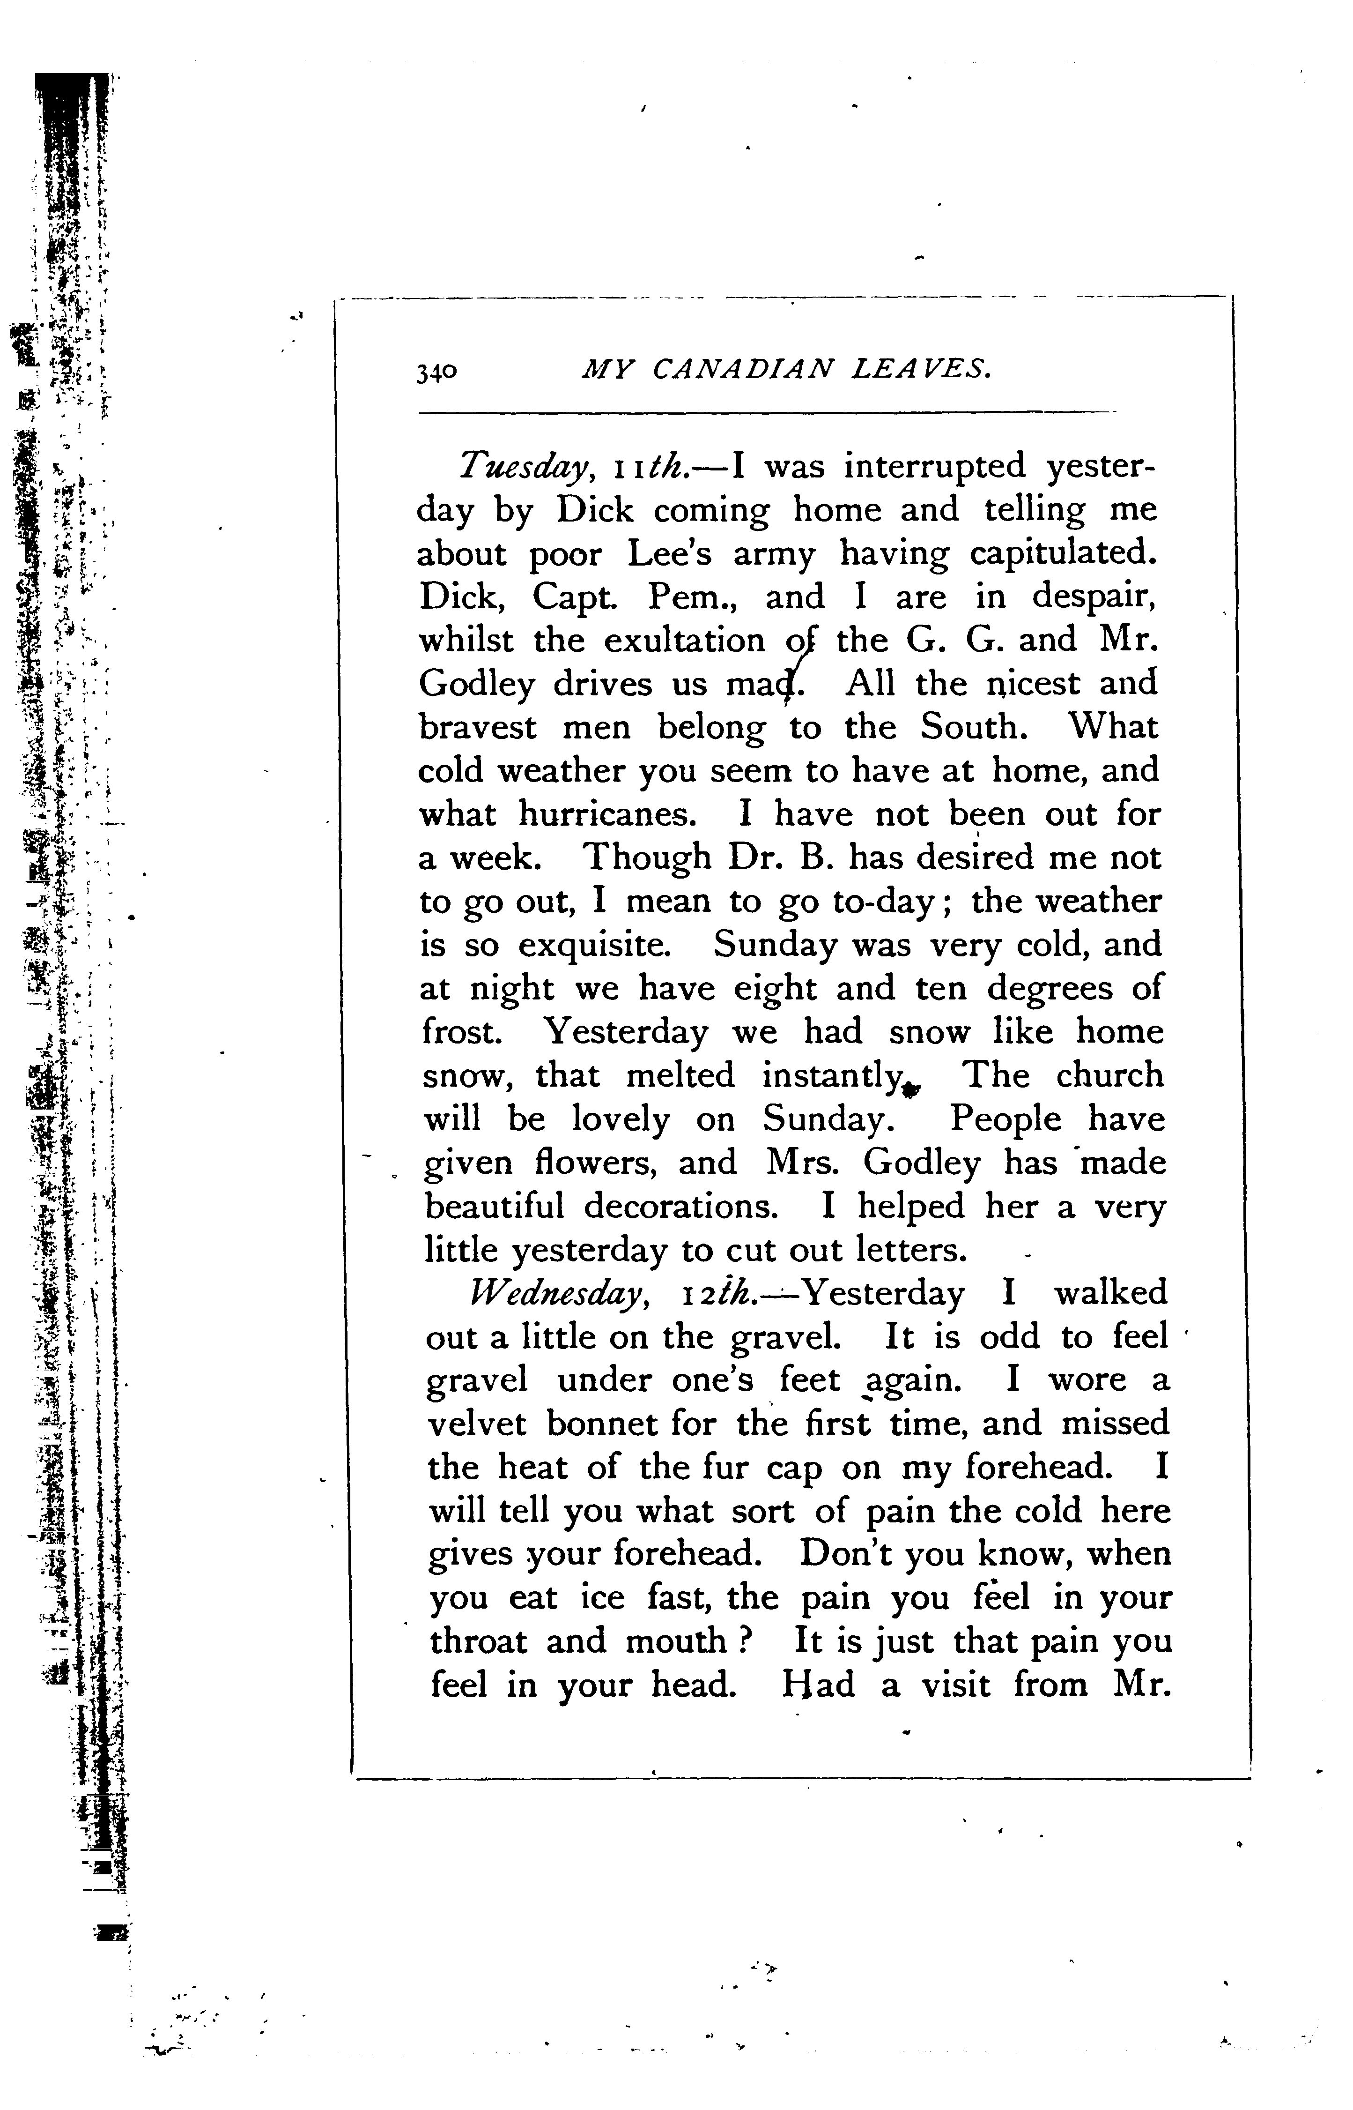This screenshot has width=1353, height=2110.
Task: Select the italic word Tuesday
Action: pyautogui.click(x=523, y=467)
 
